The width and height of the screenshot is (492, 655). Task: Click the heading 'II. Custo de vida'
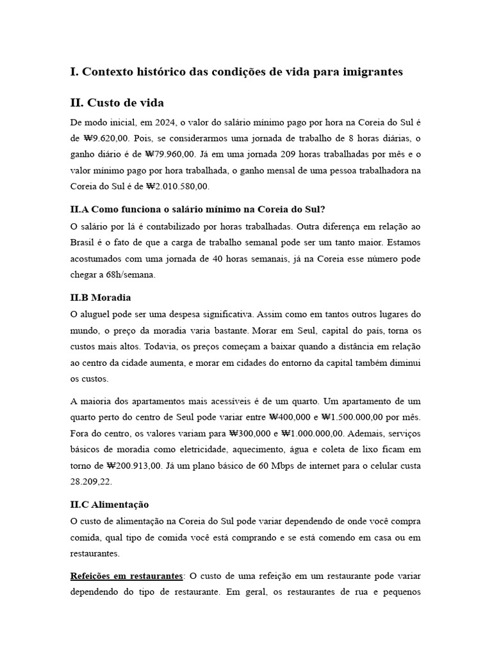pyautogui.click(x=117, y=103)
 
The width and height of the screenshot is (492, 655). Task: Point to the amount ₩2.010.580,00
pyautogui.click(x=182, y=186)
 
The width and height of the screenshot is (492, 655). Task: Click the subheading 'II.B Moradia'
pyautogui.click(x=101, y=297)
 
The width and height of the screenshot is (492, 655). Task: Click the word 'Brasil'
pyautogui.click(x=83, y=242)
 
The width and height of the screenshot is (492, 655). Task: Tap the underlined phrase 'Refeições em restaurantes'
pyautogui.click(x=126, y=576)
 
